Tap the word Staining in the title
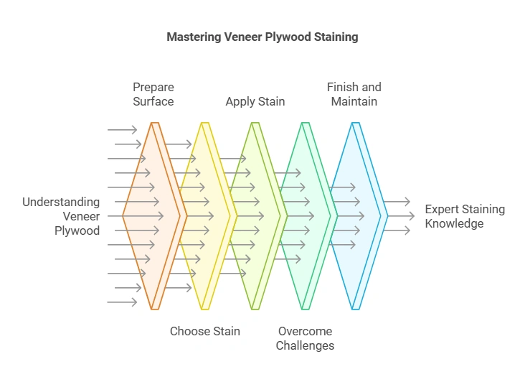coord(334,36)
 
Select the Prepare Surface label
coord(153,94)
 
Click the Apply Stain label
coord(255,101)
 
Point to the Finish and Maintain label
coord(354,94)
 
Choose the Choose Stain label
coord(205,331)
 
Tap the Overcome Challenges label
coord(306,338)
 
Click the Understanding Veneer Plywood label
coord(61,216)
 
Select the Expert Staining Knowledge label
coord(465,216)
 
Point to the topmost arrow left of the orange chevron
coord(121,130)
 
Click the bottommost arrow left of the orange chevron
coord(121,302)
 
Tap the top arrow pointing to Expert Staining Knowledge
coord(397,202)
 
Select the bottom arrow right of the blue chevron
coord(397,230)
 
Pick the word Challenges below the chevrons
coord(306,345)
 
